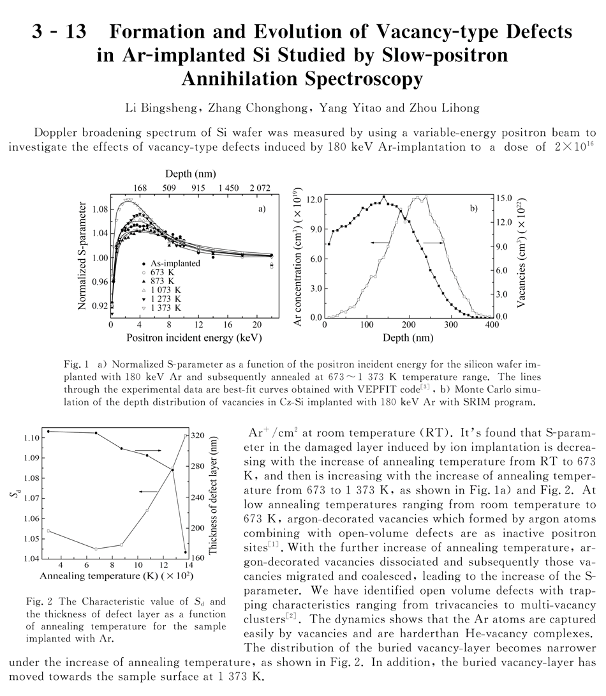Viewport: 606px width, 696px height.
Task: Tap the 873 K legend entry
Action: click(160, 281)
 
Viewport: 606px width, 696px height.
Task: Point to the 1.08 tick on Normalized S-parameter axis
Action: click(98, 209)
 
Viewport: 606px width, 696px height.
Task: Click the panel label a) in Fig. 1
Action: click(262, 208)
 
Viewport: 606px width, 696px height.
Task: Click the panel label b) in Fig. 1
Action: click(474, 208)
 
